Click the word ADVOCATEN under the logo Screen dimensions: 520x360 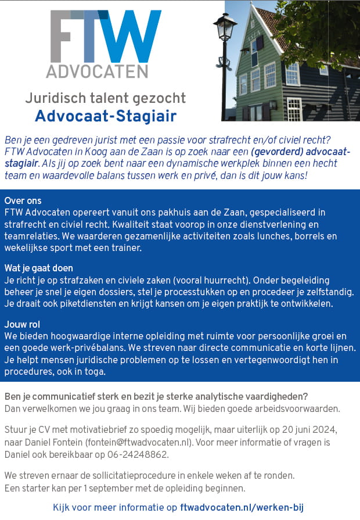coord(97,71)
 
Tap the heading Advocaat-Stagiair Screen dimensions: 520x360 coord(106,116)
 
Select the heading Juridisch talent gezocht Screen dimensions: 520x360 coord(105,98)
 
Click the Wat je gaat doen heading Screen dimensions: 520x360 coord(38,268)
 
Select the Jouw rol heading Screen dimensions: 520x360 coord(22,324)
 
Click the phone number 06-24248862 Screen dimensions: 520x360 coord(128,454)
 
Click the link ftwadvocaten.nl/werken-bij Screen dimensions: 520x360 coord(242,507)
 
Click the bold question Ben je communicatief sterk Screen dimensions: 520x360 coord(156,396)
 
